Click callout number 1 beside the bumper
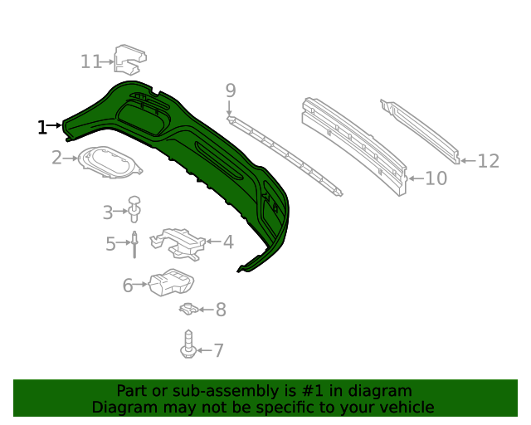(x=41, y=127)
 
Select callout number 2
(x=56, y=157)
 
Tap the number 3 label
(x=108, y=212)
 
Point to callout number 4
(x=227, y=242)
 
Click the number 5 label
(x=110, y=244)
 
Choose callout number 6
(x=128, y=286)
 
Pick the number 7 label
(x=218, y=350)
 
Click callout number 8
(x=220, y=310)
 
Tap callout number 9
(x=231, y=90)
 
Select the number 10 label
(x=436, y=178)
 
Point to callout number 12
(x=488, y=161)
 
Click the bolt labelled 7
(x=189, y=344)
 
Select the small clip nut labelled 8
(x=189, y=310)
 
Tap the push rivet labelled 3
(x=134, y=210)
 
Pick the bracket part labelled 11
(x=129, y=58)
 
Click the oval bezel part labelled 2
(x=109, y=161)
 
